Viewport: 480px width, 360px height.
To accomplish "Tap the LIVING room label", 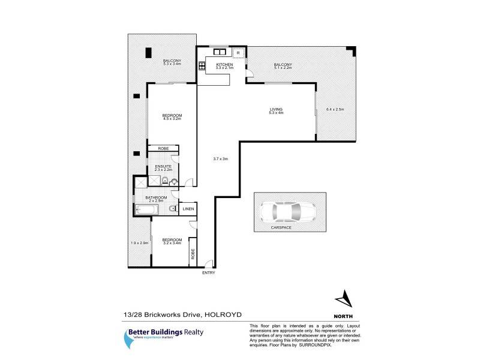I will (x=276, y=109).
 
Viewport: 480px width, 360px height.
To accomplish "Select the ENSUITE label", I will (x=163, y=166).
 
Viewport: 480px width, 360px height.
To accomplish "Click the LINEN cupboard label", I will (x=188, y=209).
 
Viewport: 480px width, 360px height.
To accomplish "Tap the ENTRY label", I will (x=208, y=274).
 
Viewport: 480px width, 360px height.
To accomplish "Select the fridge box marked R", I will (x=238, y=53).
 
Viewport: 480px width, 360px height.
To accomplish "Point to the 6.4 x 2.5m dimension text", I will (x=335, y=109).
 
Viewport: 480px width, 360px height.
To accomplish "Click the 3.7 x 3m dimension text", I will (x=221, y=158).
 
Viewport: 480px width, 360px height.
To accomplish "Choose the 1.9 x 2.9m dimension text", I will (x=139, y=242).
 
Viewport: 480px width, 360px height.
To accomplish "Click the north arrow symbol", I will (x=343, y=298).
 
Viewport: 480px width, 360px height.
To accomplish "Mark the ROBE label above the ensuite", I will (x=163, y=148).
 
